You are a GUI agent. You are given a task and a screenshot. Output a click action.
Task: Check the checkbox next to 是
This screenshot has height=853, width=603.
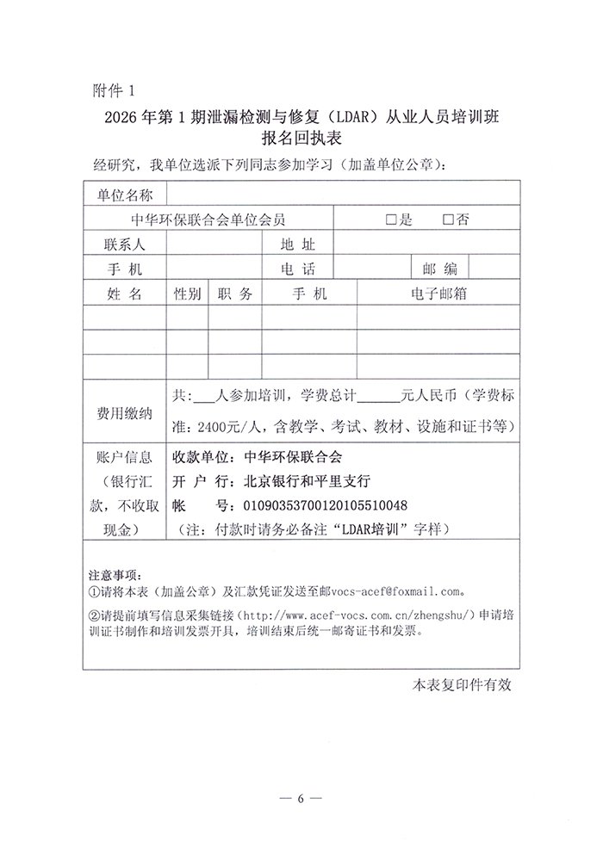pos(393,219)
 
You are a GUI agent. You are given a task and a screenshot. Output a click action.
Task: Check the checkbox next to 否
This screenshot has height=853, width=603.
pos(447,219)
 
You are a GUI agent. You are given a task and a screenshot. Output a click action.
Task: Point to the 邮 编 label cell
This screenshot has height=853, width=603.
pos(438,269)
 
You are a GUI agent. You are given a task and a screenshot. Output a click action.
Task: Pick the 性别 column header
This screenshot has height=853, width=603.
pos(187,294)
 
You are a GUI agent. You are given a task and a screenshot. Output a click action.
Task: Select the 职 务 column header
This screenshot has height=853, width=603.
pos(235,294)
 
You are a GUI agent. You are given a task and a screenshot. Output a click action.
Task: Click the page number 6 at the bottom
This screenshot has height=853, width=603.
pos(301,799)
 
